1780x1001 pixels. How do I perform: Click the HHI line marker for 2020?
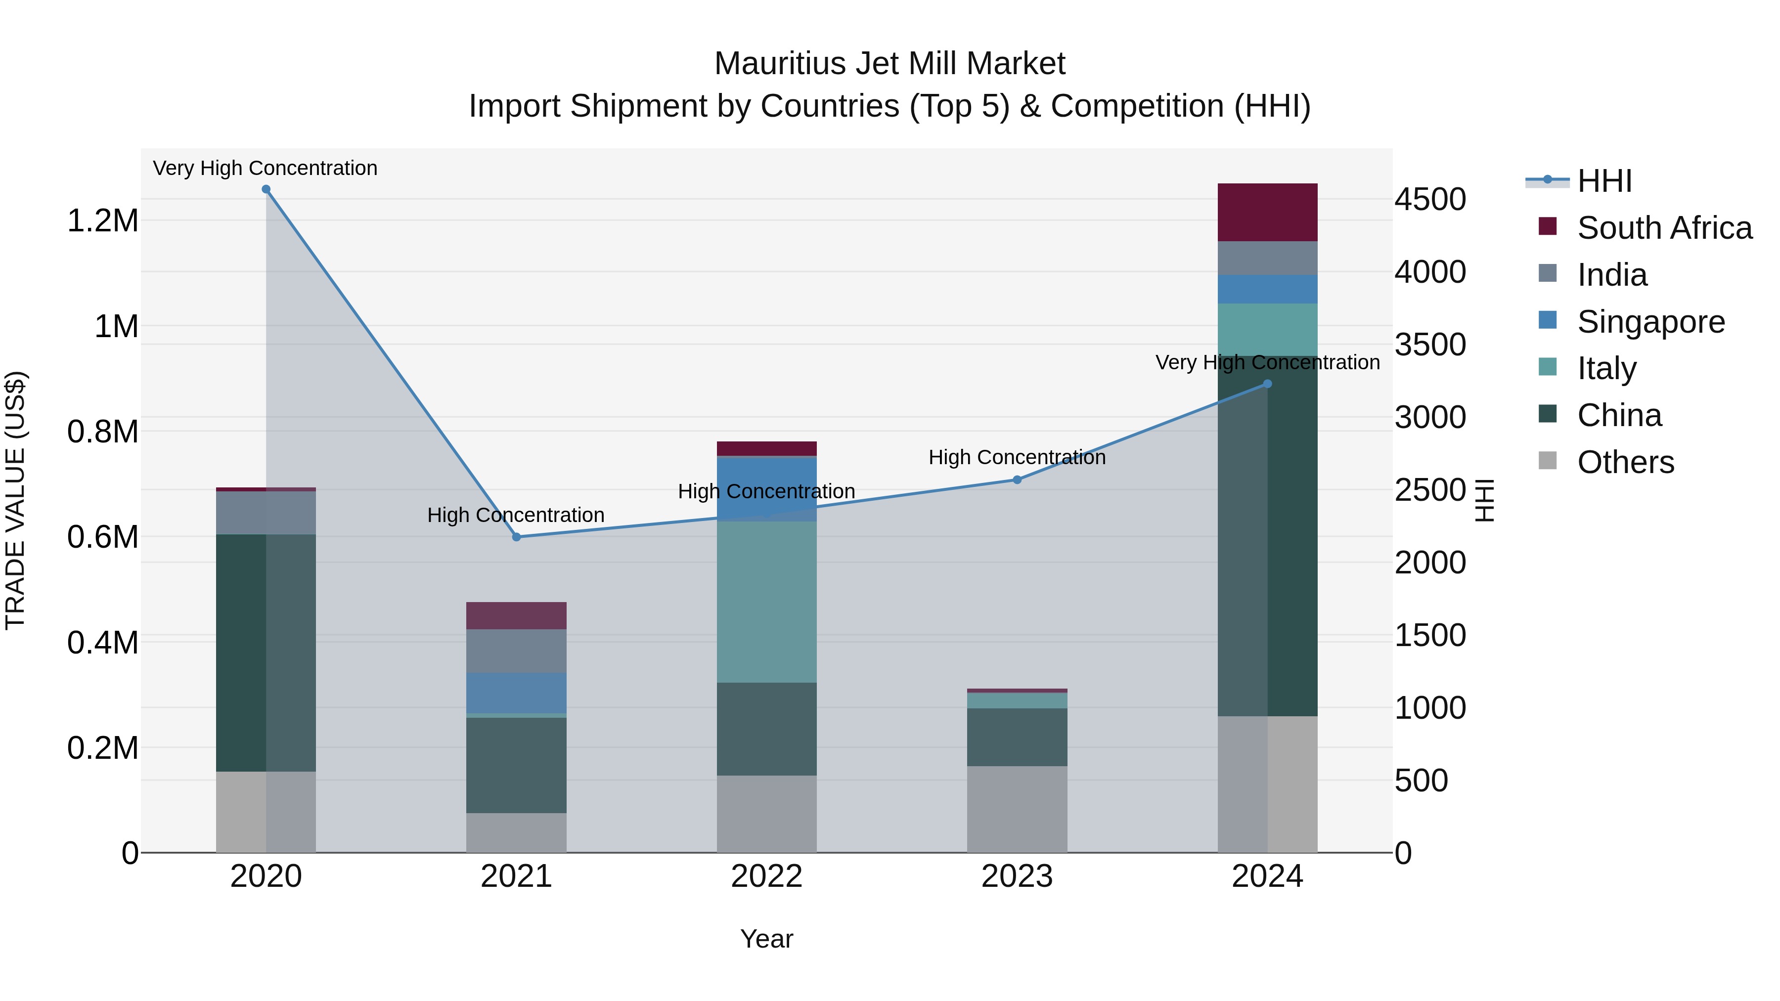pyautogui.click(x=266, y=189)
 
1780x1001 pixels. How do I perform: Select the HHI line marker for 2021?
pyautogui.click(x=516, y=537)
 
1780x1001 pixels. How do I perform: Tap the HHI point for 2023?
pyautogui.click(x=1017, y=479)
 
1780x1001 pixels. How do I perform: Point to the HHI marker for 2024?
pyautogui.click(x=1267, y=384)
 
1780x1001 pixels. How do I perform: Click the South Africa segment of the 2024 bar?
pyautogui.click(x=1267, y=212)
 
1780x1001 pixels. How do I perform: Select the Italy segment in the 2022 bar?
pyautogui.click(x=766, y=601)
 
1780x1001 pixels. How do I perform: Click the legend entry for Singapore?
pyautogui.click(x=1650, y=322)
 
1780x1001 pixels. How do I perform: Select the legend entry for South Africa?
pyautogui.click(x=1664, y=228)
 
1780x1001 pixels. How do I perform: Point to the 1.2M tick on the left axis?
pyautogui.click(x=102, y=221)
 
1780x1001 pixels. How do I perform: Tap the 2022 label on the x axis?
pyautogui.click(x=766, y=876)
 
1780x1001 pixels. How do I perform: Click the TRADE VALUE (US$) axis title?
pyautogui.click(x=15, y=500)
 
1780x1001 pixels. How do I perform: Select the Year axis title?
pyautogui.click(x=766, y=939)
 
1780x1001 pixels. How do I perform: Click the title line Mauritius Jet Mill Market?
pyautogui.click(x=890, y=64)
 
